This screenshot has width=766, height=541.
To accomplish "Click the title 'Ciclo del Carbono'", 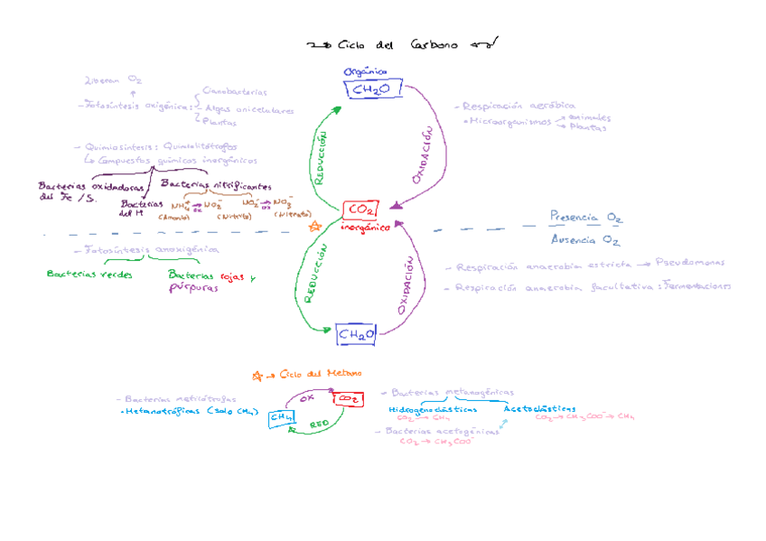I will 397,44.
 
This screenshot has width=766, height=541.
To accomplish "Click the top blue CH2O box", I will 371,89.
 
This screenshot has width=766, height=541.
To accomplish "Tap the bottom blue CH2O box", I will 357,334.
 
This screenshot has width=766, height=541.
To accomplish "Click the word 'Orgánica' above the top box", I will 365,71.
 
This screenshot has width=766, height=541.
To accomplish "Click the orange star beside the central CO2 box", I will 315,226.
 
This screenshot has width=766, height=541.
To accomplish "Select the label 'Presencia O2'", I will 585,218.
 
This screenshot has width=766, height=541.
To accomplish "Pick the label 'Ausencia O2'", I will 584,240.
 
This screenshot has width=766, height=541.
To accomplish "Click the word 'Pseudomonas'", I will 691,263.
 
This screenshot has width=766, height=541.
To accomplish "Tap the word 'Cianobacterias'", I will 235,91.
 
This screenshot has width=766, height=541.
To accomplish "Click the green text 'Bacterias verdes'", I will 89,275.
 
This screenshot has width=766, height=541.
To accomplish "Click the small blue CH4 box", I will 282,416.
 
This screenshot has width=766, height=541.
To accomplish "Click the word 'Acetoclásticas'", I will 539,408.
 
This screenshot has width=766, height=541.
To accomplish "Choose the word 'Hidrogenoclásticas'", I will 433,409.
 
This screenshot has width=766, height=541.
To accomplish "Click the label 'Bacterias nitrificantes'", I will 215,184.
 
